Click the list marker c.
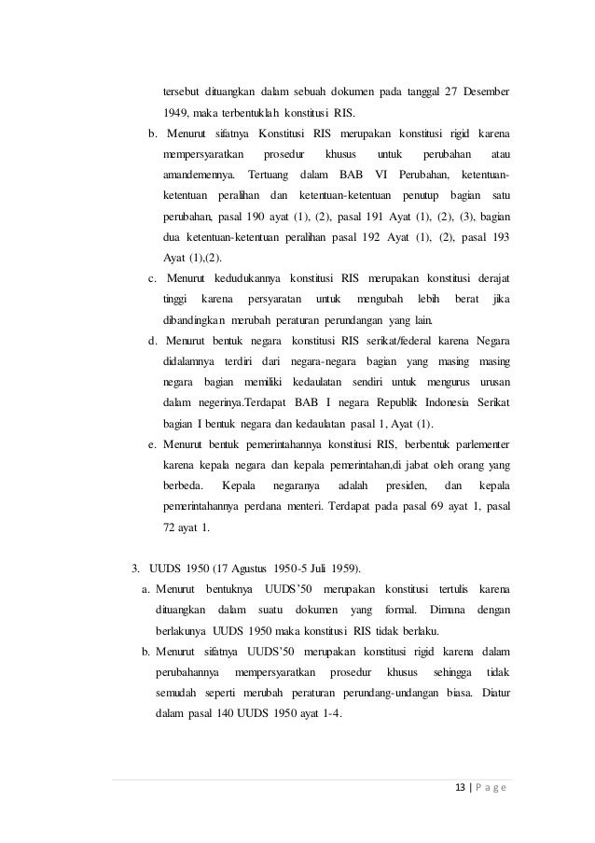pyautogui.click(x=152, y=278)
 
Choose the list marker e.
pyautogui.click(x=152, y=443)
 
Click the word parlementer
pyautogui.click(x=481, y=443)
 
